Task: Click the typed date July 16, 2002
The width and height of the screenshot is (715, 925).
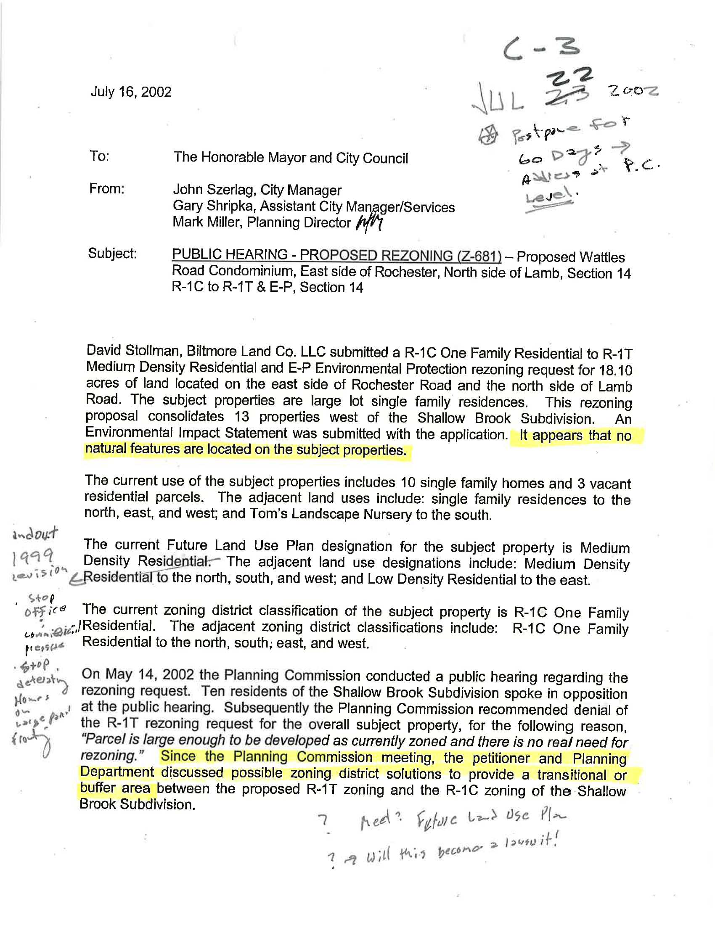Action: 130,92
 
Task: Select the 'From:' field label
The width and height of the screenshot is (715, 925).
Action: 106,188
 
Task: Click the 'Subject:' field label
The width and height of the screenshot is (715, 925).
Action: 112,253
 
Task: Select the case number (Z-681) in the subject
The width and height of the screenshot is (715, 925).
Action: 479,256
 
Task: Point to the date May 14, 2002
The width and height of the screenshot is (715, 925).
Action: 132,674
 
